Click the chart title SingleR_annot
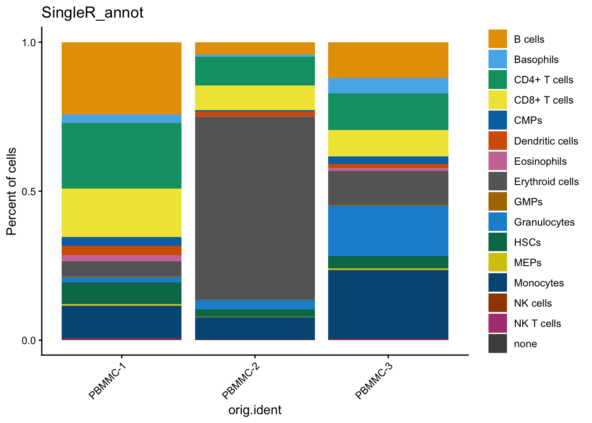(92, 13)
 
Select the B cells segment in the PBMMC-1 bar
(122, 78)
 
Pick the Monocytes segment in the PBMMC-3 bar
(388, 304)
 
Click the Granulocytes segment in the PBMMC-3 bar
(388, 231)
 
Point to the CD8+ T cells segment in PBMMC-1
(122, 213)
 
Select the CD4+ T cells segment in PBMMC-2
(255, 71)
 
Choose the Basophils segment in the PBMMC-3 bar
(388, 86)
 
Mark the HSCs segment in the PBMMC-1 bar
(122, 293)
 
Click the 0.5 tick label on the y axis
(30, 192)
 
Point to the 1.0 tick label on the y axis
(30, 43)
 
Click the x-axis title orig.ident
(255, 410)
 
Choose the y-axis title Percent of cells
(11, 191)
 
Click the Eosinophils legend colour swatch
(497, 161)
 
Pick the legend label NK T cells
(537, 323)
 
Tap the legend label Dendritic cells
(546, 141)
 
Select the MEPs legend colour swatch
(497, 263)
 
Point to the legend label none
(525, 344)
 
